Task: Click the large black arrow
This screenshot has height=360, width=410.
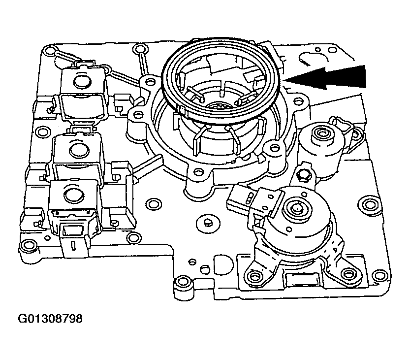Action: [x=335, y=78]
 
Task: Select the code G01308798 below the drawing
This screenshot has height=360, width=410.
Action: [x=51, y=319]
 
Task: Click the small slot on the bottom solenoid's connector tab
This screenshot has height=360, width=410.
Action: [x=72, y=245]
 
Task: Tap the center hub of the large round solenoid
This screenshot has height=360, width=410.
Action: [x=297, y=208]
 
